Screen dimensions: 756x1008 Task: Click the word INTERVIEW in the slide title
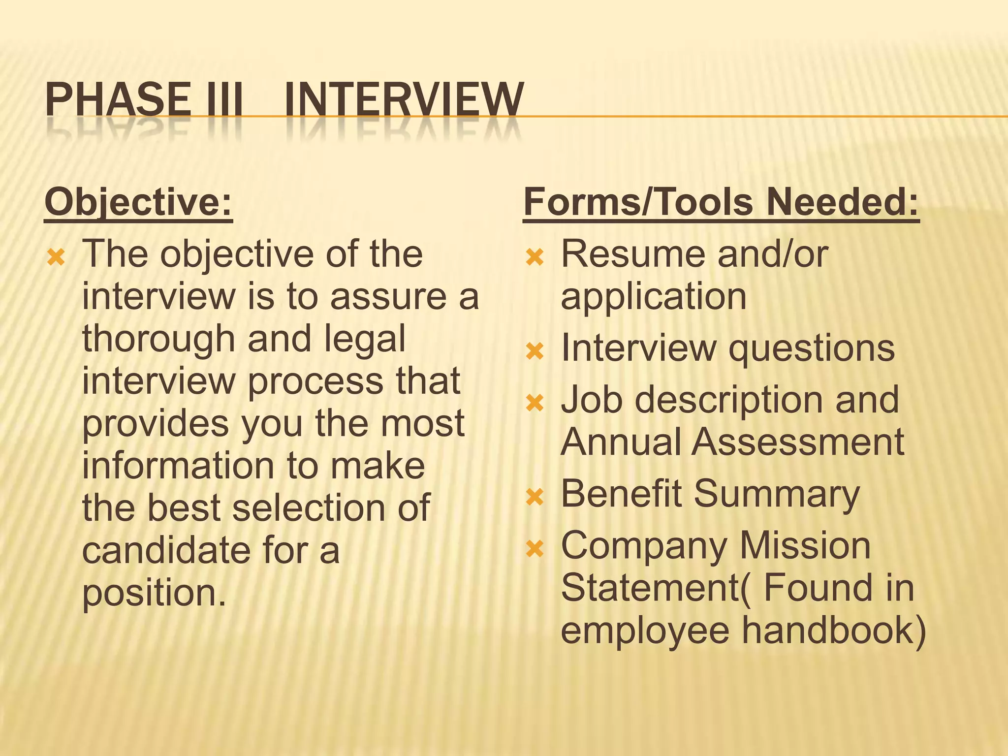[404, 100]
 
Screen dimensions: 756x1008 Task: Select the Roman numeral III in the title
[224, 100]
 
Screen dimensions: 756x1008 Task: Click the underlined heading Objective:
[138, 202]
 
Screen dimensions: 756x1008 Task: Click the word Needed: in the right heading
[842, 202]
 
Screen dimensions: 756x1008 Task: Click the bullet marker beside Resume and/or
[535, 257]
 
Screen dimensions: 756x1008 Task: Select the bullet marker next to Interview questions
[535, 351]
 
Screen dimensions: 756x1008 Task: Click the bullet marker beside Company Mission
[535, 548]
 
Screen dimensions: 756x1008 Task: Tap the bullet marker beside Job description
[535, 403]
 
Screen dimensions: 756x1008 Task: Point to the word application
[654, 297]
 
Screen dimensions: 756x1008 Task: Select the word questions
[811, 349]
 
